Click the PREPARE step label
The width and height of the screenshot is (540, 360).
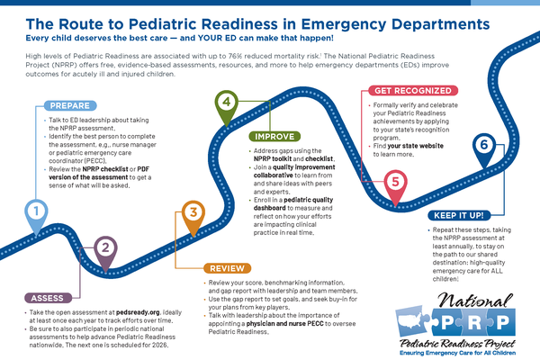click(70, 105)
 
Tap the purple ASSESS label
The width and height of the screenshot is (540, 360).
click(48, 298)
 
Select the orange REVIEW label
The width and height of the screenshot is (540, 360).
click(228, 268)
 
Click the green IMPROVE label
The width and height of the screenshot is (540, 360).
click(274, 137)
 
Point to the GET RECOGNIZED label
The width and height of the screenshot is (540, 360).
click(413, 91)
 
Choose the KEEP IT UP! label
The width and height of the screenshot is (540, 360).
click(459, 215)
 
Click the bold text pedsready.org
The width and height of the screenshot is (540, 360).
click(138, 312)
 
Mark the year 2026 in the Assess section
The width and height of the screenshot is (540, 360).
click(160, 345)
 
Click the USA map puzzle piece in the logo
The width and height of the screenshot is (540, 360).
click(412, 320)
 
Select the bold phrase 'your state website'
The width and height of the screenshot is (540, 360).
click(415, 146)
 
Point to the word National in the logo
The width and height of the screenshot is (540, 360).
click(475, 301)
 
